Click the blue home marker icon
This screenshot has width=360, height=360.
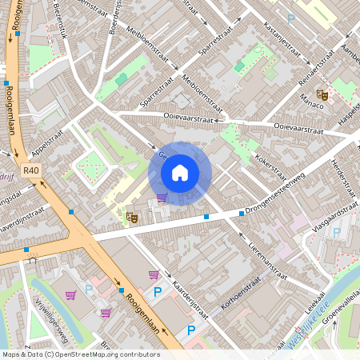coord(180,173)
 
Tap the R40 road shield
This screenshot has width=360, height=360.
coord(31,170)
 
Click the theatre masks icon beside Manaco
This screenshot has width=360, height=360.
coord(322,94)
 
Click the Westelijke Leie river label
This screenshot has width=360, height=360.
coord(308,332)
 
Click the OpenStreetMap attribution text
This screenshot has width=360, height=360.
coord(81,354)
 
